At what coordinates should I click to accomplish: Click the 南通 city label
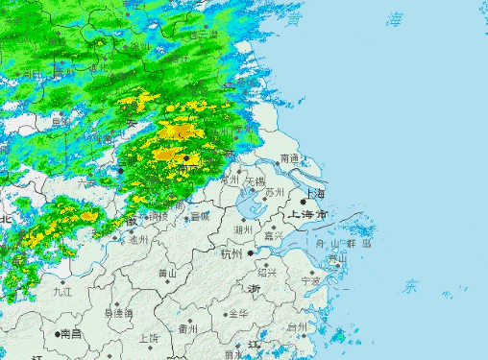coord(289,157)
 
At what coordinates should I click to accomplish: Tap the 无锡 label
coord(255,180)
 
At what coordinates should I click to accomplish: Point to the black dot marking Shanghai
coord(304,202)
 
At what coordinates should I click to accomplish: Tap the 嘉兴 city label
coord(273,235)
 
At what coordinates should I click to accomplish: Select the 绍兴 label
coord(267,272)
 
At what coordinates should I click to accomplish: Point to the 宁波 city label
coord(309,281)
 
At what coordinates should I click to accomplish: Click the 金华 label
coord(235,314)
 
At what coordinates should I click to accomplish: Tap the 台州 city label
coord(298,327)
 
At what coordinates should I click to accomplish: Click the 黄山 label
coord(167,274)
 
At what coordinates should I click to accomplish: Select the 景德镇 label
coord(118,314)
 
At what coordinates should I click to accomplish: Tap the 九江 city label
coord(63,290)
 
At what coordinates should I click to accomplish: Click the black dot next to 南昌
coord(56,334)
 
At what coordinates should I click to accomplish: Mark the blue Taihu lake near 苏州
coord(252,205)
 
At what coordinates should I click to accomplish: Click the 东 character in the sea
coord(411,285)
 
